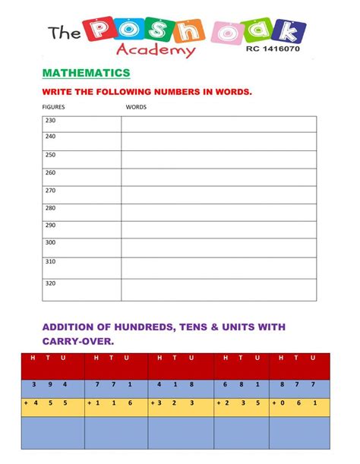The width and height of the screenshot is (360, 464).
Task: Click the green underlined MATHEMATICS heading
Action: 86,73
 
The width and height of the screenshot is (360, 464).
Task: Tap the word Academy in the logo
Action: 156,50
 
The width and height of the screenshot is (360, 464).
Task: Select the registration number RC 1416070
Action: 273,48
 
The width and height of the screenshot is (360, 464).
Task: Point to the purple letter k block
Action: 291,31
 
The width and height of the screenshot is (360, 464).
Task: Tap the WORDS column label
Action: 136,107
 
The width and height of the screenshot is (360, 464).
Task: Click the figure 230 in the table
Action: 51,121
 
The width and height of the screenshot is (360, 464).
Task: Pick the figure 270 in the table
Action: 51,191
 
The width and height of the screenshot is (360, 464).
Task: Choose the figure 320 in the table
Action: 51,283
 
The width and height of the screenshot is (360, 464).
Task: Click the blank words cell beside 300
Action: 219,248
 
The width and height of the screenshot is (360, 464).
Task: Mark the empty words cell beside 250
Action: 219,159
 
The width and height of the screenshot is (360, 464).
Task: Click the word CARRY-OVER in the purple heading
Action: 77,341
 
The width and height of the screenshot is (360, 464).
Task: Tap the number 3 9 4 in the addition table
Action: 54,384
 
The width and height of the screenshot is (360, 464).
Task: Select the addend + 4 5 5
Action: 50,402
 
